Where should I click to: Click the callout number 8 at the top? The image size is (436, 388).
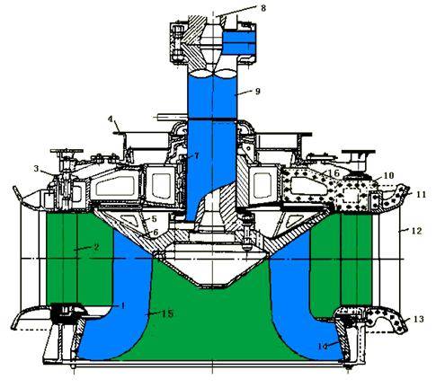pyautogui.click(x=263, y=8)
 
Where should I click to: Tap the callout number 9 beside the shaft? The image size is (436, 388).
pyautogui.click(x=257, y=91)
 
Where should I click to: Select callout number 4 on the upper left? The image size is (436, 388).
pyautogui.click(x=111, y=119)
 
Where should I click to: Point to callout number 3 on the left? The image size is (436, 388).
pyautogui.click(x=36, y=169)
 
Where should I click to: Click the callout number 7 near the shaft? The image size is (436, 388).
pyautogui.click(x=196, y=155)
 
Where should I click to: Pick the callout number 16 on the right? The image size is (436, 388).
pyautogui.click(x=334, y=172)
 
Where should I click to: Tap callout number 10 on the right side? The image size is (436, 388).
pyautogui.click(x=388, y=175)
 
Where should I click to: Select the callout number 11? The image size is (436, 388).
pyautogui.click(x=421, y=194)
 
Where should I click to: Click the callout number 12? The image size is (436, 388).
pyautogui.click(x=417, y=231)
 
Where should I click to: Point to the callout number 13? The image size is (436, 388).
pyautogui.click(x=419, y=319)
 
